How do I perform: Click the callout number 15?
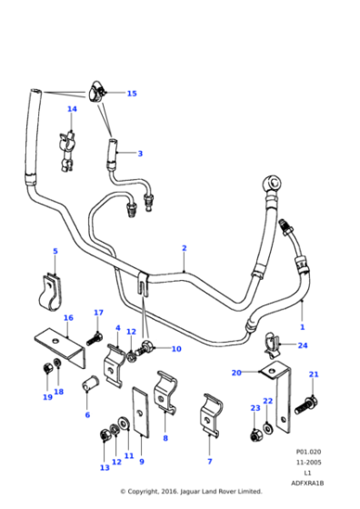pyautogui.click(x=132, y=94)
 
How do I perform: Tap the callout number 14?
pyautogui.click(x=72, y=110)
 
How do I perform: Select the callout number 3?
pyautogui.click(x=140, y=154)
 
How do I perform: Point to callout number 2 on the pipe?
pyautogui.click(x=184, y=247)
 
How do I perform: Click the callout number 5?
pyautogui.click(x=55, y=251)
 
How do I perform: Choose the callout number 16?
pyautogui.click(x=67, y=317)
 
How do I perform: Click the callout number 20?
pyautogui.click(x=235, y=373)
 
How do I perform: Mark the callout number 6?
pyautogui.click(x=87, y=414)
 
